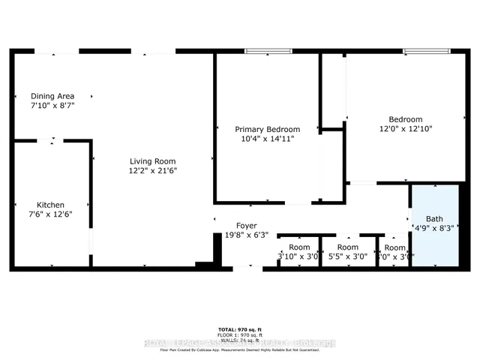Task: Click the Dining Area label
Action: coord(51,96)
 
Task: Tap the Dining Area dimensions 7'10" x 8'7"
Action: coord(52,106)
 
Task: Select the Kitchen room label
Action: coord(51,205)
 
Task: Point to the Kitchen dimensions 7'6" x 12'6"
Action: coord(51,214)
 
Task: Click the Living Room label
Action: coord(152,161)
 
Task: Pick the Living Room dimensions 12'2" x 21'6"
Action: coord(152,171)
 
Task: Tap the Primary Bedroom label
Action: coord(267,129)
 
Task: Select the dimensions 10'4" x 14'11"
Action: coord(267,139)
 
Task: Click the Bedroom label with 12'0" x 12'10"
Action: coord(405,119)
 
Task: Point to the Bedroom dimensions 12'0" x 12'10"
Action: coord(405,129)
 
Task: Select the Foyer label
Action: coord(247,225)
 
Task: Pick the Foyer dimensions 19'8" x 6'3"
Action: coord(247,235)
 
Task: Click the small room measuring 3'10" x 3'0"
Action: coord(299,252)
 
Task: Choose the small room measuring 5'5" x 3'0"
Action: coord(347,252)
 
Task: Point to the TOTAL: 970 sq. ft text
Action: coord(240,329)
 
